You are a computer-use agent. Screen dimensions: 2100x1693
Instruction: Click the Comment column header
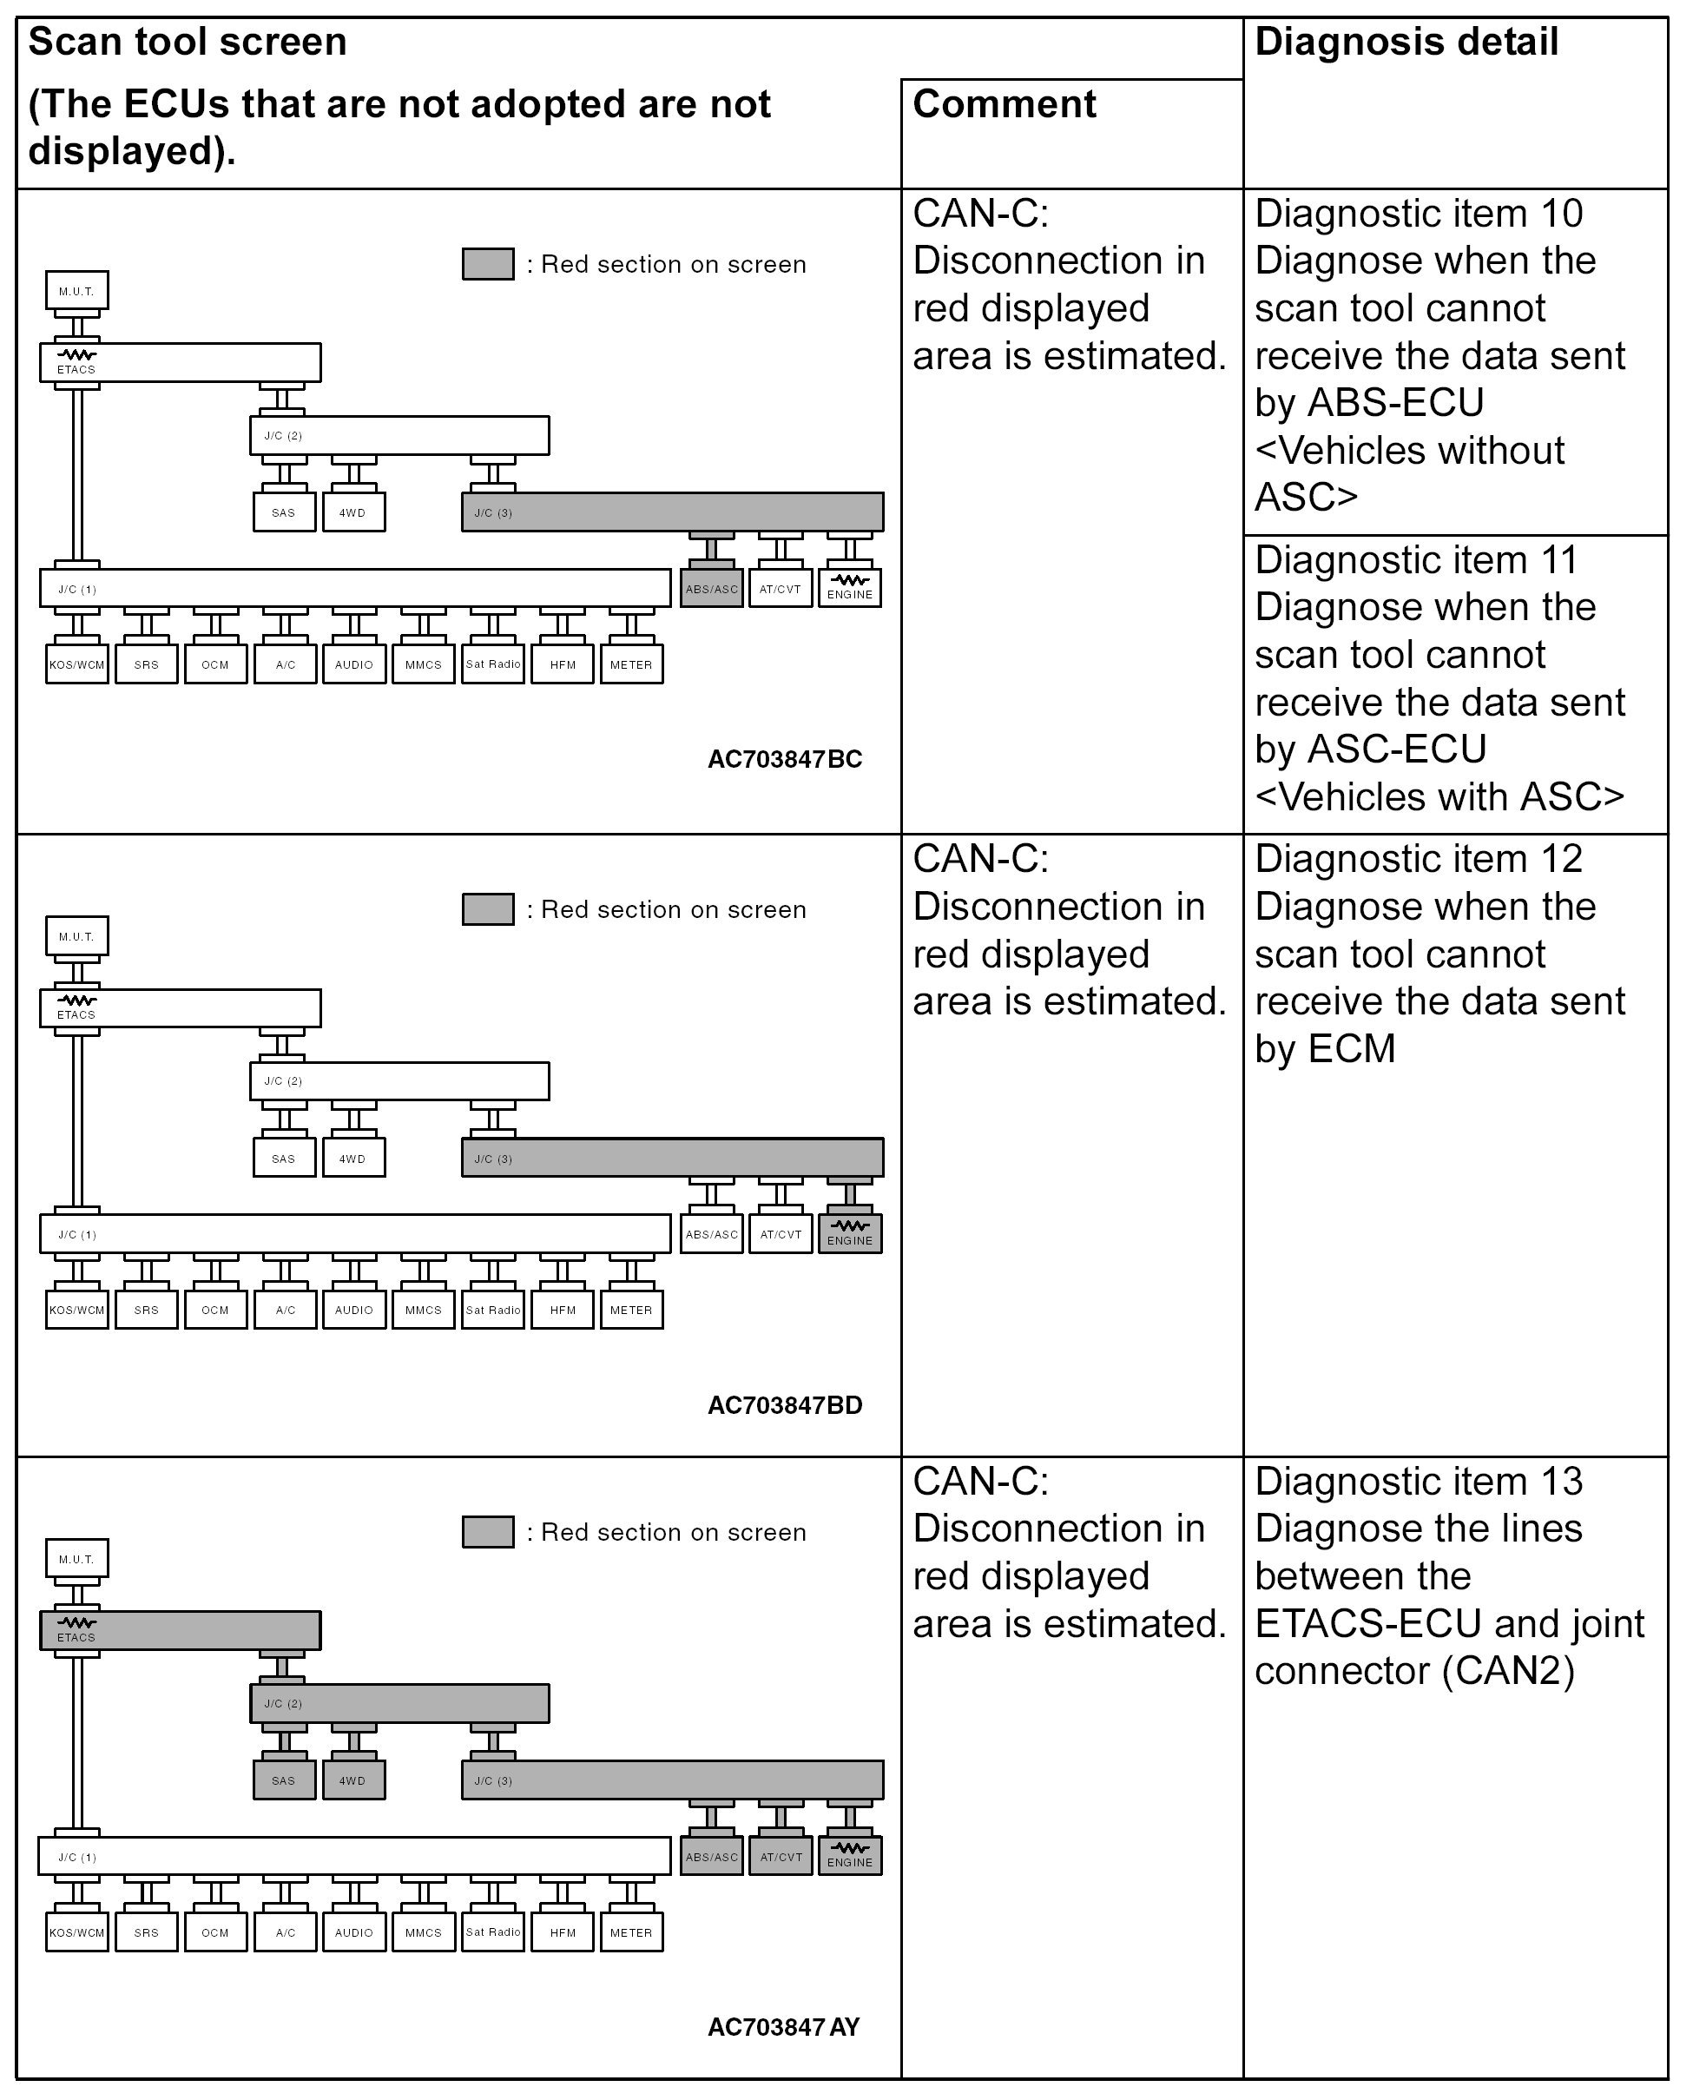click(1004, 104)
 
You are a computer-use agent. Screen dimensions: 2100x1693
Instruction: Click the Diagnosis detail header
click(1406, 43)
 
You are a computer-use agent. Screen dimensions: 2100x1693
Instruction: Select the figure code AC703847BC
click(784, 759)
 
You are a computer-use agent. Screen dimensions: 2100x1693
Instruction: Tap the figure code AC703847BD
click(784, 1404)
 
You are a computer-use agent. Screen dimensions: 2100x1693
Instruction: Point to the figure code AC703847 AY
click(783, 2027)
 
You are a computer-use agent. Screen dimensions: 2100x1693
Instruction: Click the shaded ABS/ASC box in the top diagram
click(711, 589)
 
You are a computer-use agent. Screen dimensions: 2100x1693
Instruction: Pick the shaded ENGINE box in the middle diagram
click(849, 1234)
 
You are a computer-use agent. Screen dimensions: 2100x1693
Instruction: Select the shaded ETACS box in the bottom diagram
click(180, 1630)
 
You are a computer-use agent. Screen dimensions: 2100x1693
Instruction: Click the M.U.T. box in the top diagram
click(77, 291)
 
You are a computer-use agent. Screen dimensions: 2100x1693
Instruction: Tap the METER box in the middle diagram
click(631, 1310)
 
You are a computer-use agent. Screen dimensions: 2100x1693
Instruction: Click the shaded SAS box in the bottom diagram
click(284, 1780)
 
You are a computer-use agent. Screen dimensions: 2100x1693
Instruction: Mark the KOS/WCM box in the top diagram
click(77, 664)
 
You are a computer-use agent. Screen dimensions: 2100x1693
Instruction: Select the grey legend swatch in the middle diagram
click(488, 909)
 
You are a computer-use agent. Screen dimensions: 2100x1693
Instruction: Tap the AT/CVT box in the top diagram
click(781, 589)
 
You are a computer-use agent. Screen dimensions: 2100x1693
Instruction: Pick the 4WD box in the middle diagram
click(353, 1159)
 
